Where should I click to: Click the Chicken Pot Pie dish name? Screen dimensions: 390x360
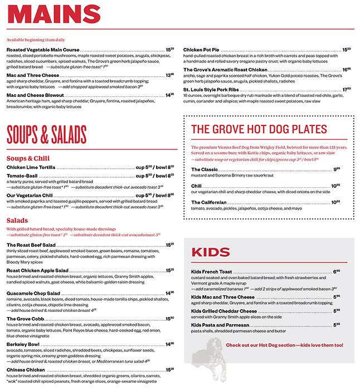(202, 49)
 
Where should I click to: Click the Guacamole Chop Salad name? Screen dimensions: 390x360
(33, 292)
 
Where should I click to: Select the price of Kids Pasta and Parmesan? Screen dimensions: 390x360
(336, 324)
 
